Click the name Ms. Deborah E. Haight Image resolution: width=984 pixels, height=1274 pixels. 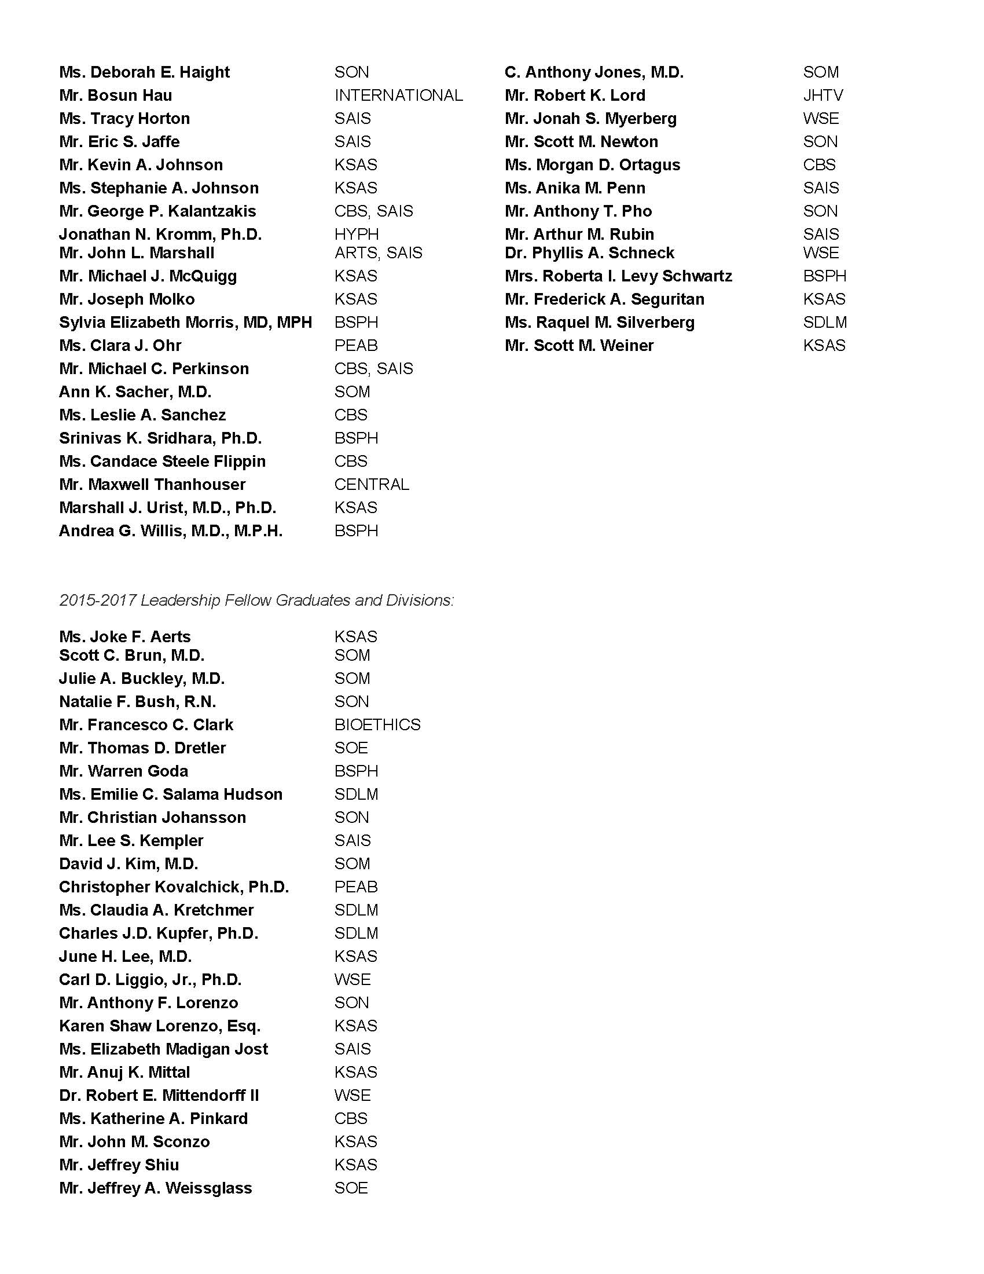tap(144, 72)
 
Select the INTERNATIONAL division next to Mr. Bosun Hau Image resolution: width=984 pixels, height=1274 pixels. tap(399, 96)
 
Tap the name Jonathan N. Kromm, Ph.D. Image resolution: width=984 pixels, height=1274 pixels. tap(160, 235)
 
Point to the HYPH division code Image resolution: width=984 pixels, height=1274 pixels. tap(356, 235)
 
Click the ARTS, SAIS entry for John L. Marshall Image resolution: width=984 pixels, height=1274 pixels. tap(379, 253)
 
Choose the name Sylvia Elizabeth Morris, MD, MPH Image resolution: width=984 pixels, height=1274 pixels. tap(185, 323)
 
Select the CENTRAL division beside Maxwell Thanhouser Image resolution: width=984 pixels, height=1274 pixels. tap(372, 485)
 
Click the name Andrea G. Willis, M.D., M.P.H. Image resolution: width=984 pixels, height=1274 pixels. tap(171, 532)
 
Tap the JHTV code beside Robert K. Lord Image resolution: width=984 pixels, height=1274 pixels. tap(823, 96)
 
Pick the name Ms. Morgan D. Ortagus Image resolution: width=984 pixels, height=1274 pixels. tap(592, 165)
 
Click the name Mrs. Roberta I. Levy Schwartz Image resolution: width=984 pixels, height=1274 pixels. tap(619, 276)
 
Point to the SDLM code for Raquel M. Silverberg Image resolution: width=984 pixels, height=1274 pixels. tap(825, 323)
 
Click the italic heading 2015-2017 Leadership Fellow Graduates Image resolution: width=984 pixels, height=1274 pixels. tap(256, 601)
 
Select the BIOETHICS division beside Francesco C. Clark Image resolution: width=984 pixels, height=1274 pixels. tap(377, 724)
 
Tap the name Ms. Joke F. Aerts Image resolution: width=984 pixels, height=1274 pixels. tap(125, 636)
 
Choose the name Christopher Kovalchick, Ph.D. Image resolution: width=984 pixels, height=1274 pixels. tap(174, 887)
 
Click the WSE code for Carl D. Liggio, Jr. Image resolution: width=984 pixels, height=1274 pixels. tap(352, 979)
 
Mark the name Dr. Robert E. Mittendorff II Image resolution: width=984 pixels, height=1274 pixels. tap(159, 1096)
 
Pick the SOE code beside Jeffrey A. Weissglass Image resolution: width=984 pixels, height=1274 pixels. tap(351, 1188)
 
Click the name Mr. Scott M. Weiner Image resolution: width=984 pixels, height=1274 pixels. tap(579, 346)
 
